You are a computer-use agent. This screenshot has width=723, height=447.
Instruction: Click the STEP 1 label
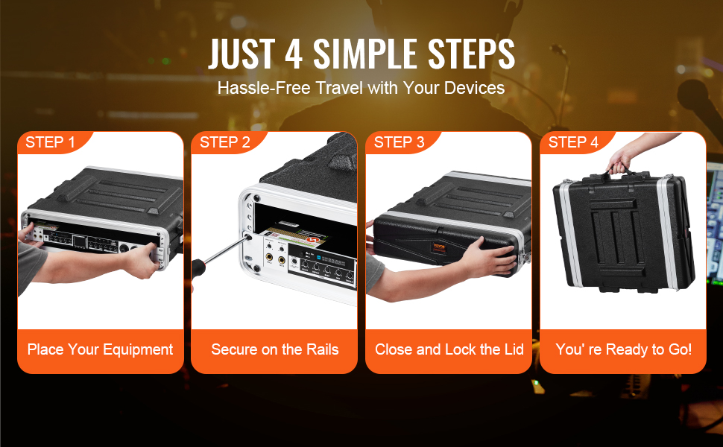click(50, 142)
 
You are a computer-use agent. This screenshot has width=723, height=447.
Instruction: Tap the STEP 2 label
click(224, 142)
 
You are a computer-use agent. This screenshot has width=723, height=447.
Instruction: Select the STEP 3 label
click(399, 142)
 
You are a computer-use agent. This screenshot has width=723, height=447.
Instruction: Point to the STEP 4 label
click(573, 142)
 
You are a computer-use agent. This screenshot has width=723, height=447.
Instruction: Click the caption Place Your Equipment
click(100, 349)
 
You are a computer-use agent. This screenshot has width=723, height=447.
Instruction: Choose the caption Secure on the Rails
click(275, 349)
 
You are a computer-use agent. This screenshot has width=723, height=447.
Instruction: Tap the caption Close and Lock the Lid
click(449, 349)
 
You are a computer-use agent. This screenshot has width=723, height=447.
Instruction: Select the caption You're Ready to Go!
click(623, 349)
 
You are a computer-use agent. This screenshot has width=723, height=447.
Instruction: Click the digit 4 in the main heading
click(294, 54)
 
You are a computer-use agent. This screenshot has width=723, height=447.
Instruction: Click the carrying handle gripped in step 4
click(621, 174)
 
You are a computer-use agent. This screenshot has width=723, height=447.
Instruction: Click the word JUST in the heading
click(241, 54)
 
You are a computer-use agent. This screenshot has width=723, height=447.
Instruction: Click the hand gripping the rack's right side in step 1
click(143, 260)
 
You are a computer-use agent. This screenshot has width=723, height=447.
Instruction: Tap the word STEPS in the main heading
click(471, 54)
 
